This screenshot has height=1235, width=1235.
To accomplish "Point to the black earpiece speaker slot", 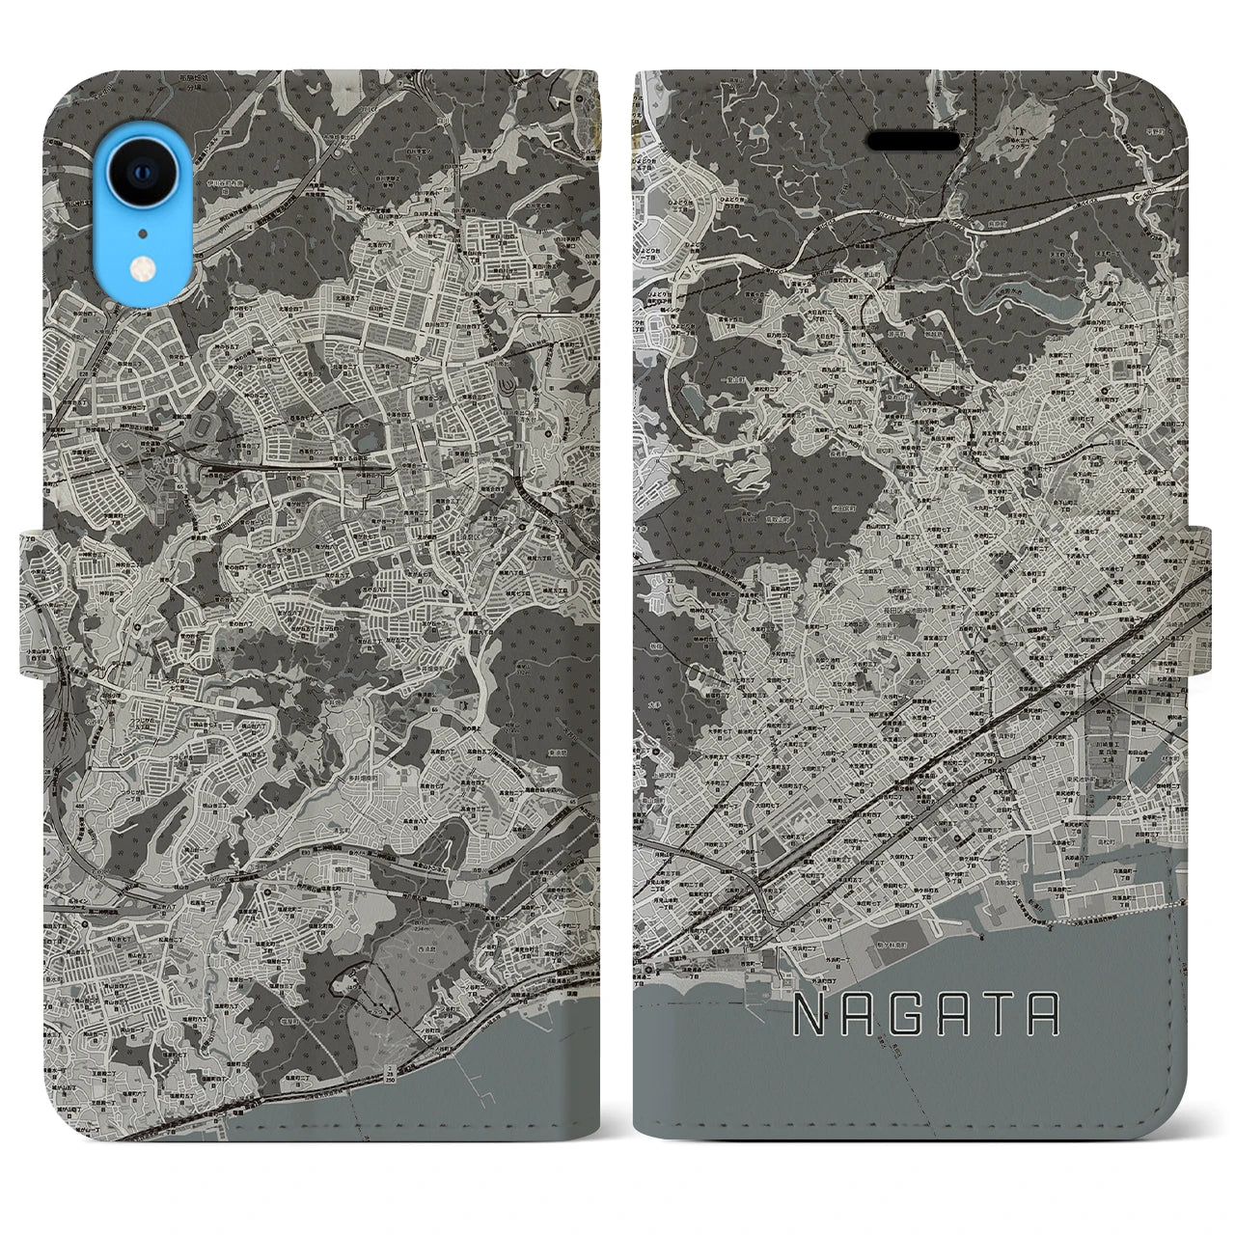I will (x=914, y=142).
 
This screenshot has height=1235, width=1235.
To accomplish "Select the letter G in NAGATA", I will (x=914, y=1014).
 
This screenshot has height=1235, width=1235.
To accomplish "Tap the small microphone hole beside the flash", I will (x=144, y=233).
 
